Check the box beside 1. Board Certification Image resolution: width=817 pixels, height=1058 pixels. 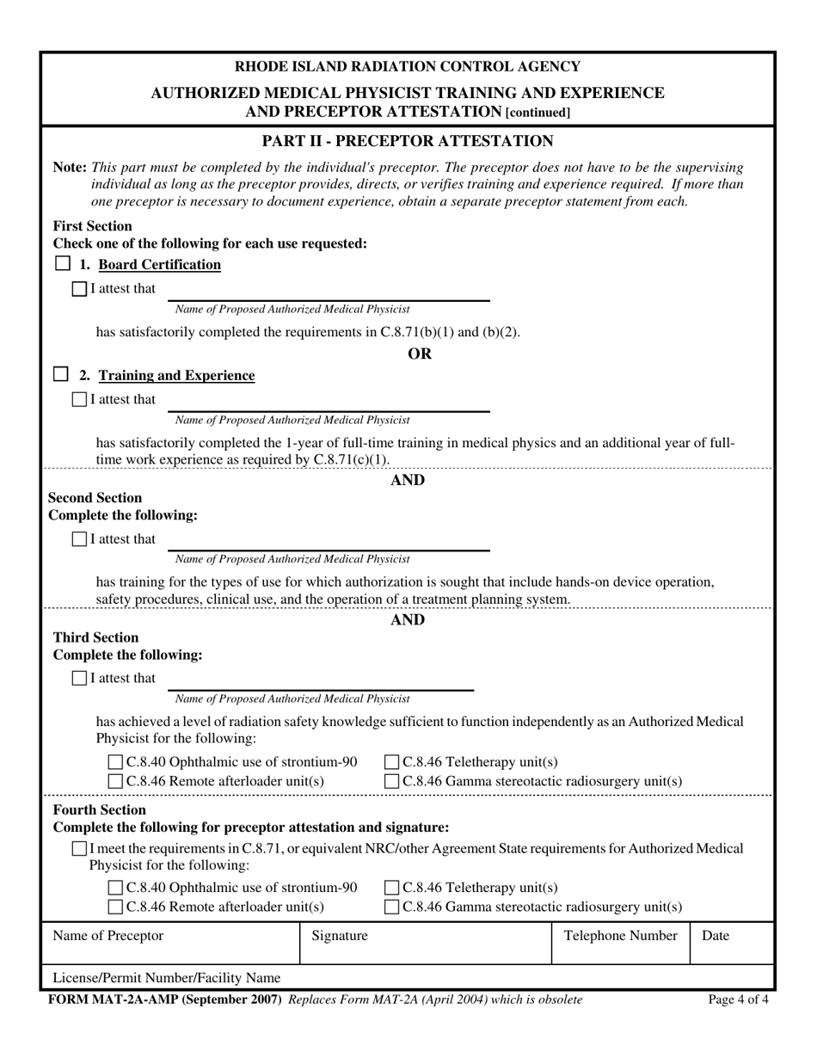click(61, 264)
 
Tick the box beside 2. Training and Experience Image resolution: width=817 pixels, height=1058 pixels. click(61, 375)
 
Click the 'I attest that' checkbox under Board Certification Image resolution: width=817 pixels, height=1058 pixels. click(80, 289)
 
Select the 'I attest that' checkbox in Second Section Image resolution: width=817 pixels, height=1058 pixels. click(80, 539)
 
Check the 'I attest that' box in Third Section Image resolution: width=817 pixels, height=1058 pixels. click(80, 679)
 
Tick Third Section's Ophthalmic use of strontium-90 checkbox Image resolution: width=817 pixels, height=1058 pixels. click(116, 762)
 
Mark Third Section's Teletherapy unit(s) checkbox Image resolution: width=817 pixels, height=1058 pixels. click(392, 762)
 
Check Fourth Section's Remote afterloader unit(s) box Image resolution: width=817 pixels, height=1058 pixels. click(116, 907)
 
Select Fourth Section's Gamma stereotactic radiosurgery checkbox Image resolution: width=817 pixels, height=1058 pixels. click(392, 907)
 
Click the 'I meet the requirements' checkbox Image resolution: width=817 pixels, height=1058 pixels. click(80, 849)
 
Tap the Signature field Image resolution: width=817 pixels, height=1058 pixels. click(425, 950)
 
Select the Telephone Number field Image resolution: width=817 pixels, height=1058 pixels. click(620, 950)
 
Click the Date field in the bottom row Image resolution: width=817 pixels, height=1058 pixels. click(731, 950)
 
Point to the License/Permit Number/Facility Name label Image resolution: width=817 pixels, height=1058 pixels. click(167, 978)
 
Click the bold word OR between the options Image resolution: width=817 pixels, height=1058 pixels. click(419, 354)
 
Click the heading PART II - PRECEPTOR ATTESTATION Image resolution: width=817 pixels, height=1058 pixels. click(408, 141)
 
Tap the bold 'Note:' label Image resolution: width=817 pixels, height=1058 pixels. click(70, 168)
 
